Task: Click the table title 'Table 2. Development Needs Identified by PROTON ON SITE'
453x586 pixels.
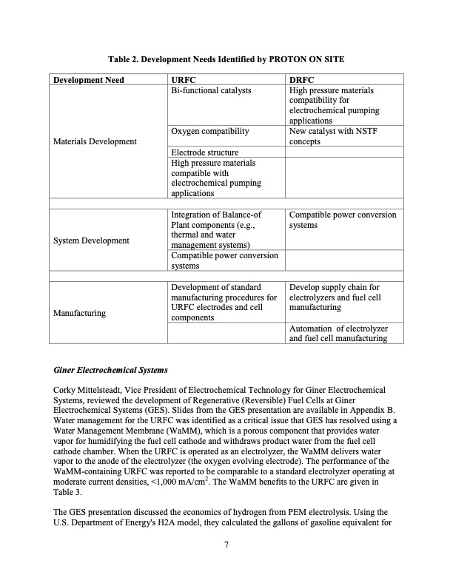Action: pyautogui.click(x=226, y=58)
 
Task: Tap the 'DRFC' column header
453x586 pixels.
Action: pyautogui.click(x=302, y=80)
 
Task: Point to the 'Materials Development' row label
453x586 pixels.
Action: pyautogui.click(x=95, y=141)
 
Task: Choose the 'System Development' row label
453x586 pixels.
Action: pyautogui.click(x=92, y=240)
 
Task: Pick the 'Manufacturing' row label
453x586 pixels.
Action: pyautogui.click(x=80, y=313)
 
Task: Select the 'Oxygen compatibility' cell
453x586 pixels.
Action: pyautogui.click(x=209, y=131)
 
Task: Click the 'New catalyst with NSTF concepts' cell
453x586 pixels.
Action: pyautogui.click(x=329, y=136)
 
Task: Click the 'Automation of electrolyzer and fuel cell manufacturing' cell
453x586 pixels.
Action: pyautogui.click(x=338, y=333)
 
